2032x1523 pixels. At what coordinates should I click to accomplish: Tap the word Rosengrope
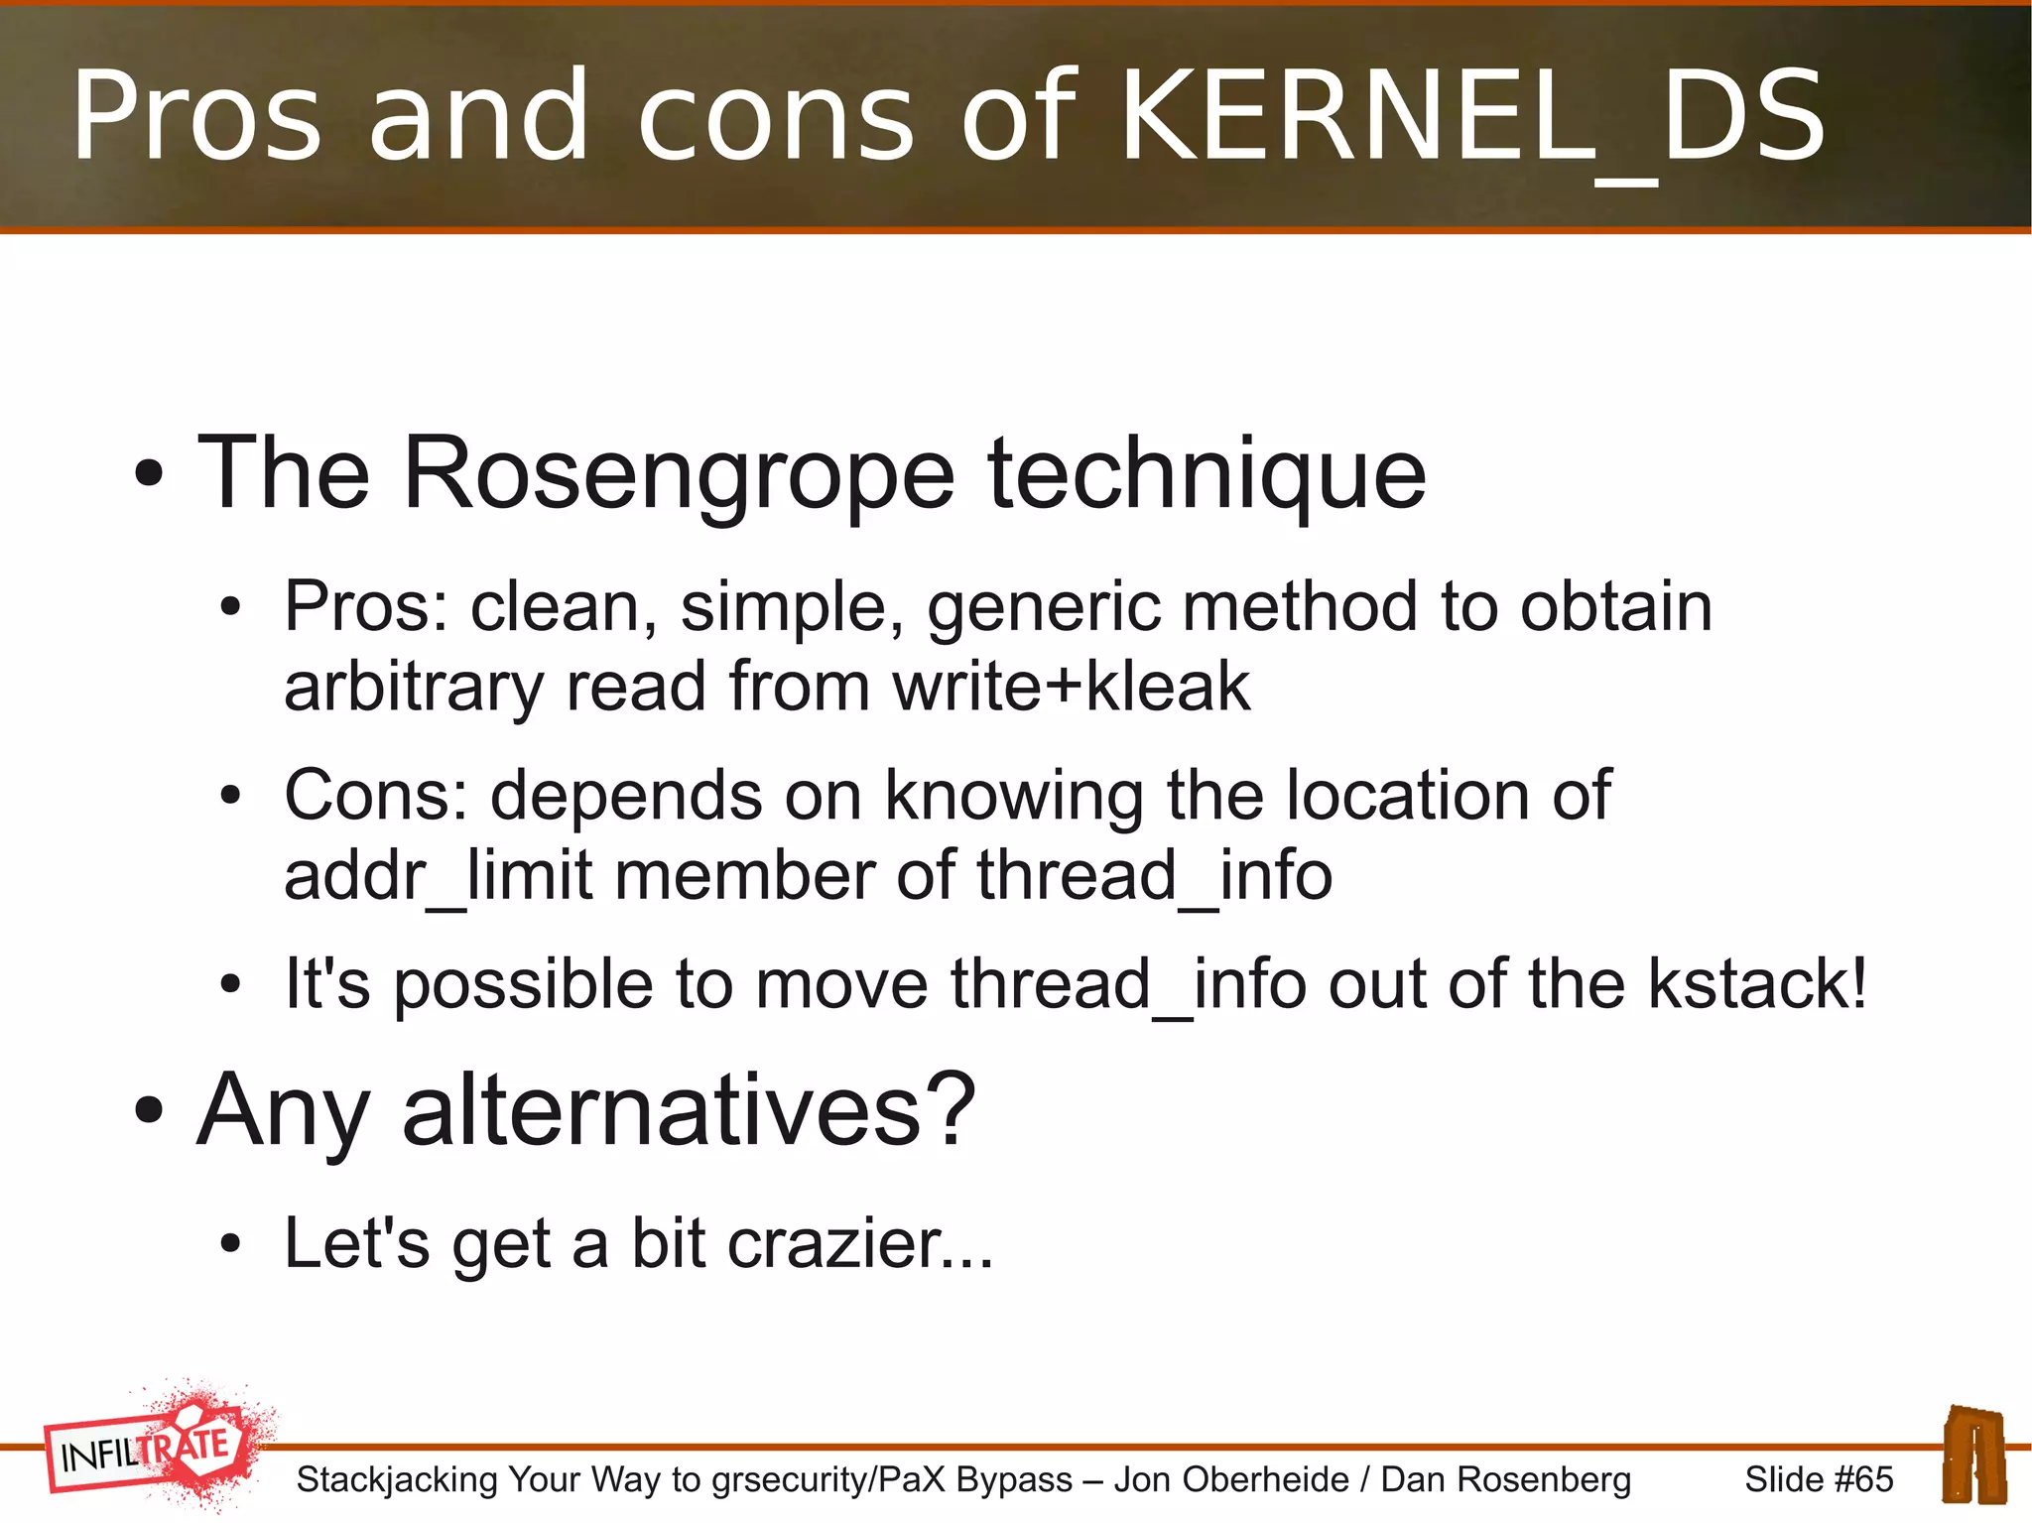point(678,476)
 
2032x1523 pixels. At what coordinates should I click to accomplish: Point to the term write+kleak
point(1071,687)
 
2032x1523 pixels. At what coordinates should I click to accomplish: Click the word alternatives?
point(689,1110)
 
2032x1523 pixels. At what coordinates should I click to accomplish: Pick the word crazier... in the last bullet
point(859,1244)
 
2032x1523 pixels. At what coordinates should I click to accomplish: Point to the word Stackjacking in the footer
point(397,1479)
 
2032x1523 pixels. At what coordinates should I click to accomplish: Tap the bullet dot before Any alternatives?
point(149,1111)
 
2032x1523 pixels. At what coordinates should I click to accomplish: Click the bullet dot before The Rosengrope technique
point(149,474)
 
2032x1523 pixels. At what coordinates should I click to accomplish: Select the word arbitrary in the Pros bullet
point(414,687)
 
